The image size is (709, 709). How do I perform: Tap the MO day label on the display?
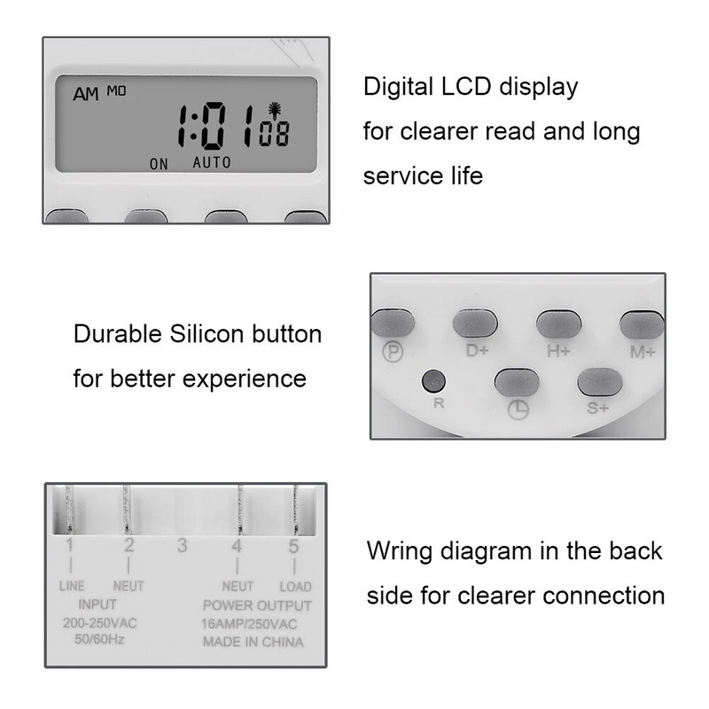pyautogui.click(x=117, y=90)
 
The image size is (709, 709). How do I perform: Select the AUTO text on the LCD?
pyautogui.click(x=211, y=162)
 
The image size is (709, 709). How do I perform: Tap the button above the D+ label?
pyautogui.click(x=477, y=323)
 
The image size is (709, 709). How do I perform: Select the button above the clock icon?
pyautogui.click(x=518, y=382)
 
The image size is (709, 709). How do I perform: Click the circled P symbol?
pyautogui.click(x=392, y=352)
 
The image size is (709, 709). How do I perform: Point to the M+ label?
pyautogui.click(x=642, y=351)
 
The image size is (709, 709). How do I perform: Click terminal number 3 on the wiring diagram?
pyautogui.click(x=182, y=546)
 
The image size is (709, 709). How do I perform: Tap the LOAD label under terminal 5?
pyautogui.click(x=295, y=587)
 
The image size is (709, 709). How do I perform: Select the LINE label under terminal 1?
pyautogui.click(x=72, y=587)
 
